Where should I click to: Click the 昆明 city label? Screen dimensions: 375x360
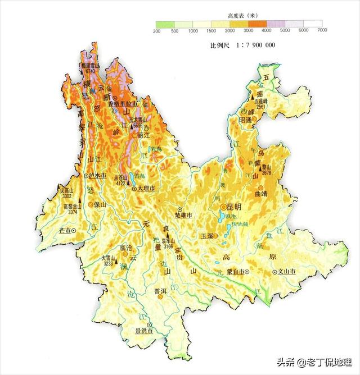coord(233,207)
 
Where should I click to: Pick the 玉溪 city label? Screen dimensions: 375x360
coord(207,236)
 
